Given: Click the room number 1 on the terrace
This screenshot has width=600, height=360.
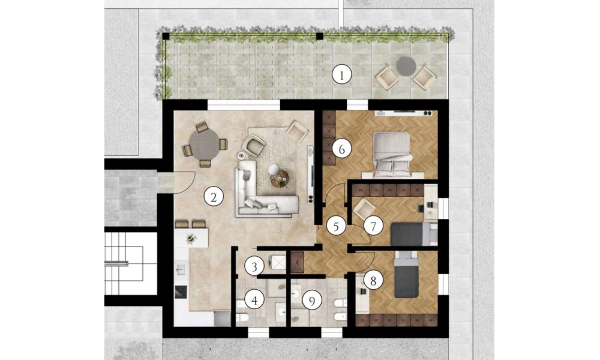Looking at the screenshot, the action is click(341, 74).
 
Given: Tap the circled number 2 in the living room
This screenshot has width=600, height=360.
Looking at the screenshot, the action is click(214, 197).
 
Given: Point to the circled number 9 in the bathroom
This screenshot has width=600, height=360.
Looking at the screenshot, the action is click(311, 301).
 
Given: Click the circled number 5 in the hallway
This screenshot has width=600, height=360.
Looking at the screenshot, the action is click(336, 226).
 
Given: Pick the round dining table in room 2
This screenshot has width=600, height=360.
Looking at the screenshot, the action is click(205, 145).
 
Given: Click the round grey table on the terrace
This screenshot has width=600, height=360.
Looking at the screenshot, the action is click(406, 66).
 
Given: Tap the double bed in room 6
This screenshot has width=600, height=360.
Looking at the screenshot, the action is click(392, 154).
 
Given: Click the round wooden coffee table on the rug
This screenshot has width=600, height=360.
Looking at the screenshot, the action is click(280, 179).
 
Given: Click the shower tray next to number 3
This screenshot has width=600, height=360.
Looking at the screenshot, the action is click(278, 263).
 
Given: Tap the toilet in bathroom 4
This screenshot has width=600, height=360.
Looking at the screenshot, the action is click(242, 317).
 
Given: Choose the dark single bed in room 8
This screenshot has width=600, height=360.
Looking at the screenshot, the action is click(406, 274).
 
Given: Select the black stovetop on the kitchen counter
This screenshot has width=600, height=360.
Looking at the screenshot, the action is click(181, 292).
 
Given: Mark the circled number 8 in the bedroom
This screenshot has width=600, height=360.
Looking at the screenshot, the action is click(373, 281).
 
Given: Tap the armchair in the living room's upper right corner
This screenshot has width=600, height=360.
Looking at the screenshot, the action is click(297, 131).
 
